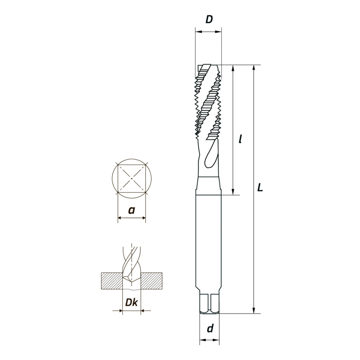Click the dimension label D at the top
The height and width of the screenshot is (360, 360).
pyautogui.click(x=209, y=20)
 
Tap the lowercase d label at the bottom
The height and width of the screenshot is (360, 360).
pyautogui.click(x=210, y=328)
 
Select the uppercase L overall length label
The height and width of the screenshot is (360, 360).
pyautogui.click(x=260, y=187)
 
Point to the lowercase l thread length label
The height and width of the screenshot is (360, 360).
pyautogui.click(x=240, y=139)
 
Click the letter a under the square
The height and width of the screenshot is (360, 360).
pyautogui.click(x=131, y=210)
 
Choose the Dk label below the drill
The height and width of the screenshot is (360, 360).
pyautogui.click(x=131, y=303)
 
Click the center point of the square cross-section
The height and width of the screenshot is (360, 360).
pyautogui.click(x=131, y=178)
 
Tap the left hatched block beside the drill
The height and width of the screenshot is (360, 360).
pyautogui.click(x=112, y=281)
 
